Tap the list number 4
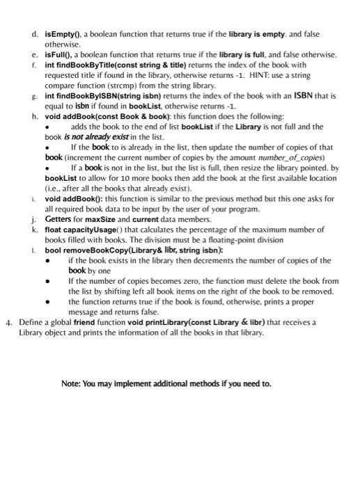(x=8, y=322)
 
